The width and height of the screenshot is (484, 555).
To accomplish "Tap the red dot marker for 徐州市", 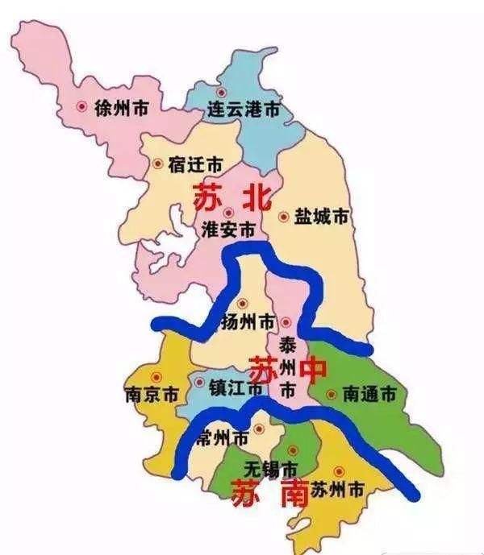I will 81,106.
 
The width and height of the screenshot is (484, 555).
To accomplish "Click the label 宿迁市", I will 195,164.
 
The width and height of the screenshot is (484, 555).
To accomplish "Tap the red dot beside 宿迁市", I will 157,164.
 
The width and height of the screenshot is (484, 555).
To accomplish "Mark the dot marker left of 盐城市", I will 283,216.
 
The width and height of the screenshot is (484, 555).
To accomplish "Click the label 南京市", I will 151,395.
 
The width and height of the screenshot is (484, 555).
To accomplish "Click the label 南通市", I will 369,395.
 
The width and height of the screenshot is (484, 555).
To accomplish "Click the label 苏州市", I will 338,488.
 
